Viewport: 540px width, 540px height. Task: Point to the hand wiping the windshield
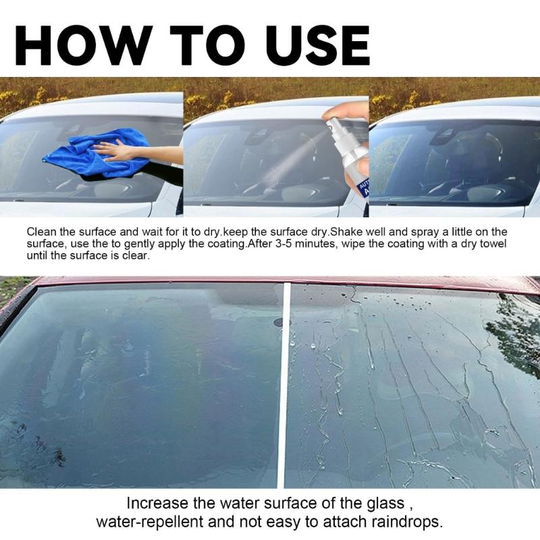(x=118, y=150)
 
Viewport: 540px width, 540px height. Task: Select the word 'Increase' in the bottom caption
(x=153, y=504)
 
